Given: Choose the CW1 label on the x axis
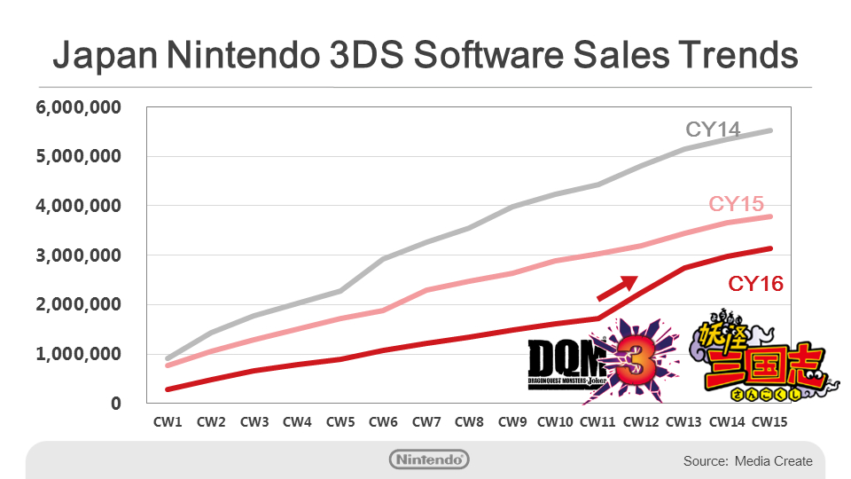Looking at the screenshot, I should click(168, 422).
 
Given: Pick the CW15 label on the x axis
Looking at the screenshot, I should click(769, 422).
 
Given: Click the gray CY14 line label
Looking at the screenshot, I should click(713, 129).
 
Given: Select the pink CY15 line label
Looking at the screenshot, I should click(737, 204).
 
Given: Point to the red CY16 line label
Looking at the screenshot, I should click(755, 284).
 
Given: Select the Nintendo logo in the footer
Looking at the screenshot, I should click(429, 459).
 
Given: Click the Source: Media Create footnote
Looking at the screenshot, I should click(747, 461).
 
